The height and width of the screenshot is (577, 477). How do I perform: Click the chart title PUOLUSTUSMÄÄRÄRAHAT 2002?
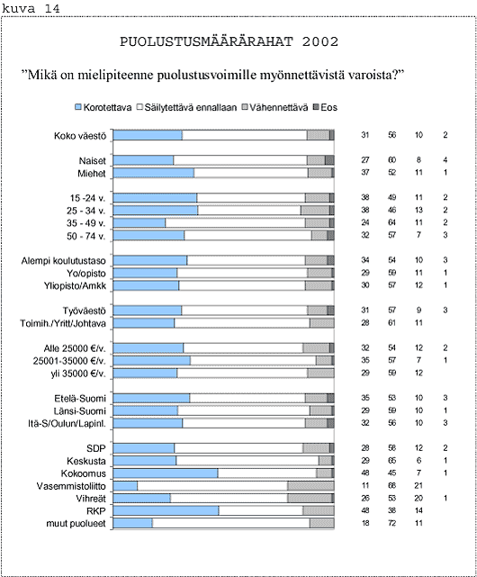(x=229, y=41)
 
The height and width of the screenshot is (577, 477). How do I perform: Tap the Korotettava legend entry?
(x=103, y=107)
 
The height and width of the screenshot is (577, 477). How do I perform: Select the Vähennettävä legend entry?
(x=274, y=107)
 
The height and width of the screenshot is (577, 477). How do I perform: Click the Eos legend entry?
(x=325, y=107)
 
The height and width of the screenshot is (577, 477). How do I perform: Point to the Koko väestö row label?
(x=80, y=136)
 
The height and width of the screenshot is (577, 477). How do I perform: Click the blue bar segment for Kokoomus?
(x=166, y=473)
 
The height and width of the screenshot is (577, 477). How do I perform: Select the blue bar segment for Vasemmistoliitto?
(x=125, y=485)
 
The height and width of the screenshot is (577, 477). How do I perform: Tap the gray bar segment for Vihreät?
(x=310, y=498)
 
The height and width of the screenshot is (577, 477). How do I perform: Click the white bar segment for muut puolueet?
(x=231, y=523)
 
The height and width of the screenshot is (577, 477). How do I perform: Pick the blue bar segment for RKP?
(x=166, y=510)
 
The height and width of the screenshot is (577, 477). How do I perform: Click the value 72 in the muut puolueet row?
(x=392, y=523)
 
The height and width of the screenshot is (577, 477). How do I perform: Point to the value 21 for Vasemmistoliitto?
(x=418, y=485)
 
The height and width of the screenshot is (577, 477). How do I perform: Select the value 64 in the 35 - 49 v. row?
(x=392, y=222)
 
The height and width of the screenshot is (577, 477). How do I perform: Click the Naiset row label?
(x=92, y=161)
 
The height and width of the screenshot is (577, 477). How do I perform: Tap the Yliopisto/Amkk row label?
(x=75, y=285)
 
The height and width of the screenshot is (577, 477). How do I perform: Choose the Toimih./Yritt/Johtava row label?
(x=63, y=323)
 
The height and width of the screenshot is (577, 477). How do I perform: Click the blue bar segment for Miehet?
(x=154, y=173)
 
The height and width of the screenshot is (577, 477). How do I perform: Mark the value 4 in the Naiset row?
(x=445, y=160)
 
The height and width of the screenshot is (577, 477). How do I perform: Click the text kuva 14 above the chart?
(x=31, y=8)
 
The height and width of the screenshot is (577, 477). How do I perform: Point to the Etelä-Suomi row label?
(x=80, y=399)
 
